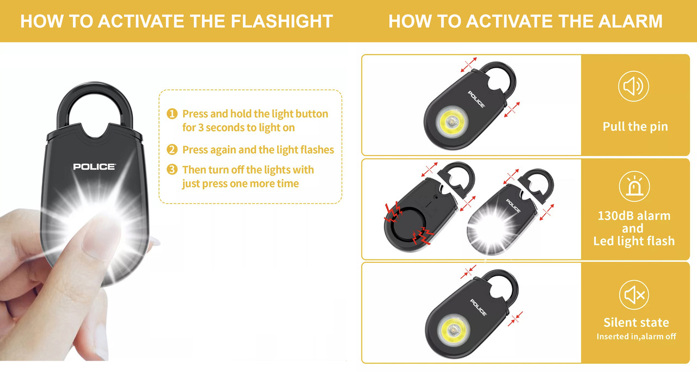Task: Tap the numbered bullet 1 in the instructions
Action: pos(172,114)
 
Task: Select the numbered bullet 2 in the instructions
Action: pos(172,150)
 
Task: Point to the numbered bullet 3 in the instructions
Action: pos(172,170)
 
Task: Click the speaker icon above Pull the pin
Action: pos(633,86)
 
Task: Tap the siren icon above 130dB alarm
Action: pos(634,186)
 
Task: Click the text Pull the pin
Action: pos(635,127)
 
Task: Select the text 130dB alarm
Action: pos(634,216)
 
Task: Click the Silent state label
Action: pos(635,323)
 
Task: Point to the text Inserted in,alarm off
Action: pos(636,337)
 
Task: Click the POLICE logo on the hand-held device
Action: pos(94,167)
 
